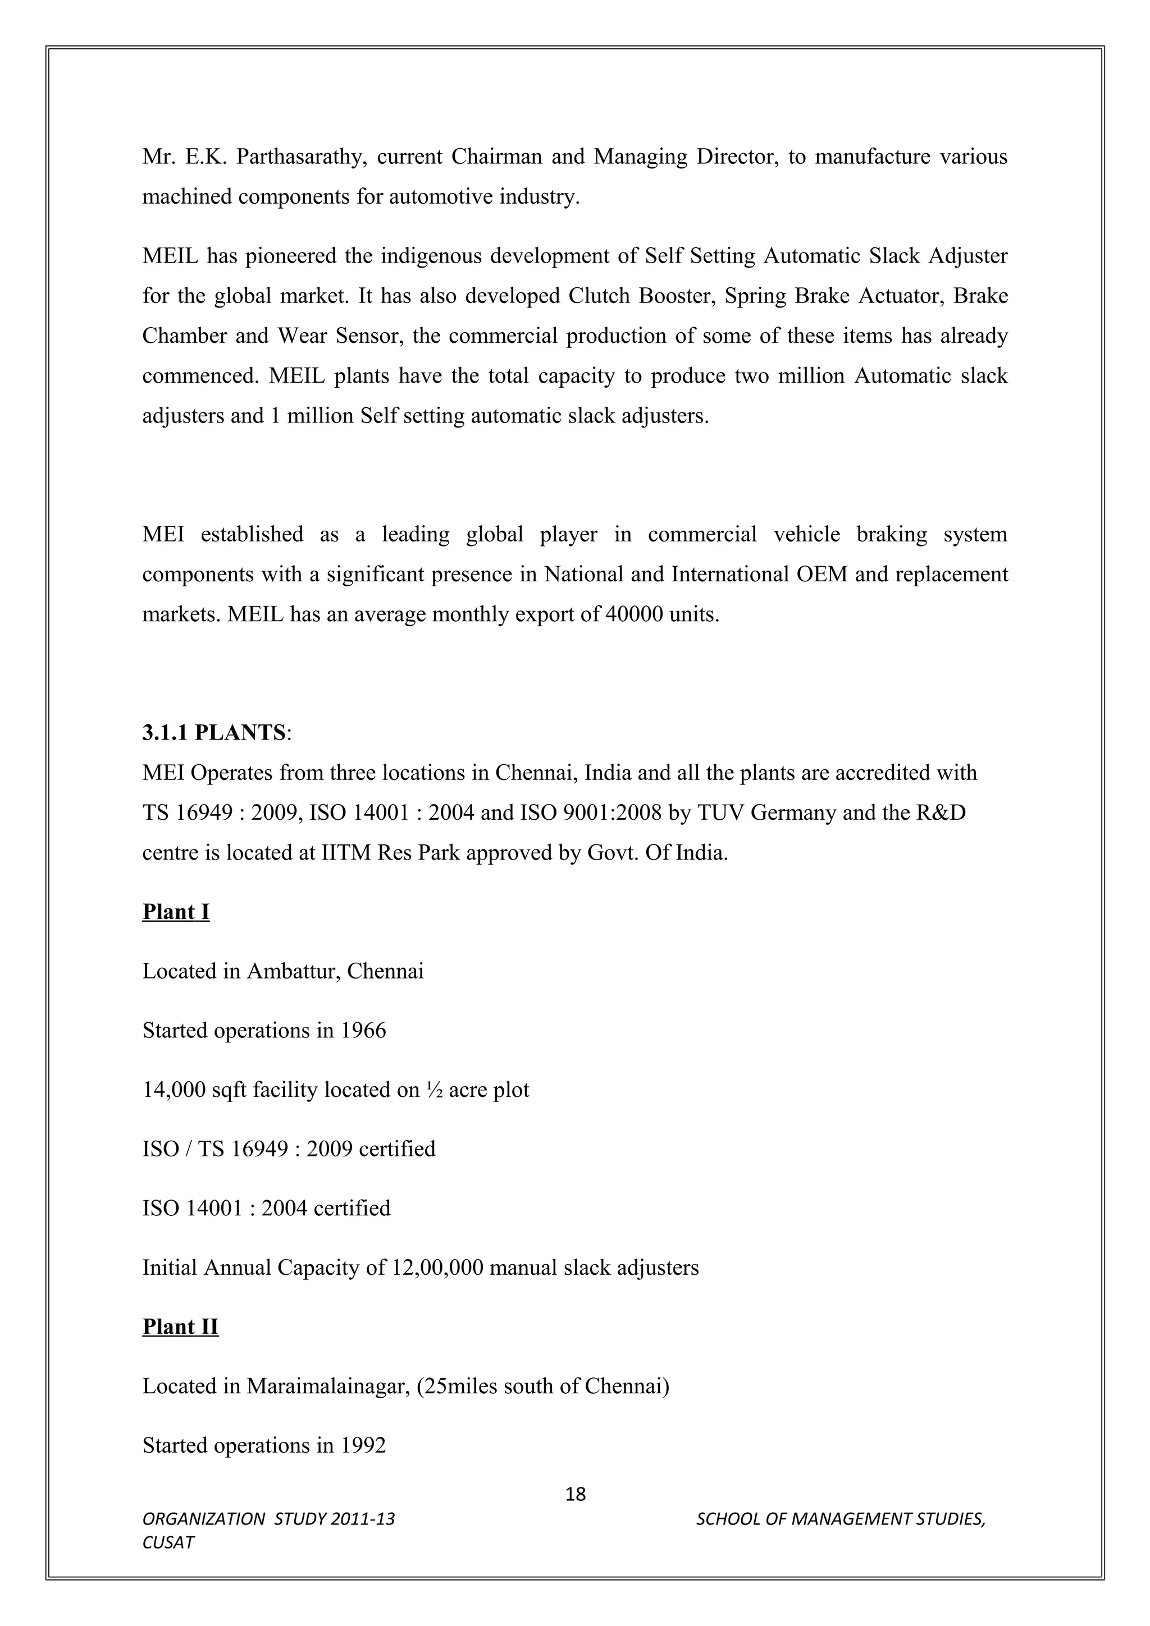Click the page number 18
(576, 1494)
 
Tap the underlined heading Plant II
(180, 1326)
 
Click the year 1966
(363, 1030)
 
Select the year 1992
(363, 1445)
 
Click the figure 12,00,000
(437, 1267)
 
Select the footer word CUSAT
(168, 1542)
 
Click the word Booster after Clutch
(674, 295)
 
